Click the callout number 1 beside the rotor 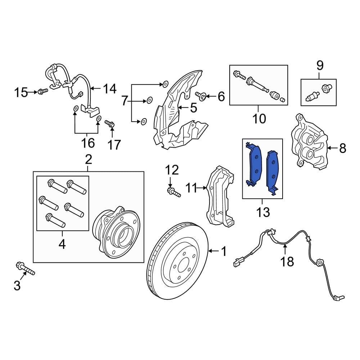coord(224,252)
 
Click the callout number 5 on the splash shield coord(194,108)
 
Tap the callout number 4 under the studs coord(62,245)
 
